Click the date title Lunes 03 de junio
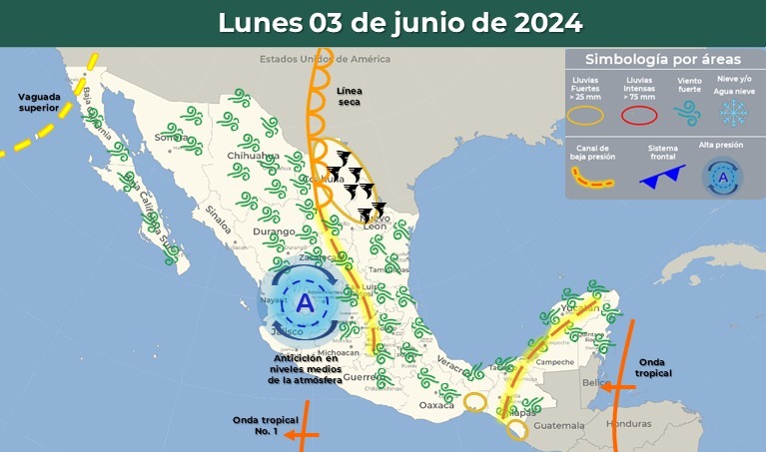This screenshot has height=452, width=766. click(x=399, y=23)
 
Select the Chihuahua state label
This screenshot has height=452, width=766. click(x=253, y=157)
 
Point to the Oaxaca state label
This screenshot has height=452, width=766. click(x=435, y=405)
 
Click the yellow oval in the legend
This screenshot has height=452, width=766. click(x=586, y=115)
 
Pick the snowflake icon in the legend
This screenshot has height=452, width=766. click(x=734, y=113)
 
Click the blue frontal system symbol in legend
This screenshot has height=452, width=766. click(x=662, y=179)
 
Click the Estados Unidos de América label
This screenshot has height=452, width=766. click(x=325, y=59)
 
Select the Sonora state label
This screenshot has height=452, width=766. click(x=171, y=136)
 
